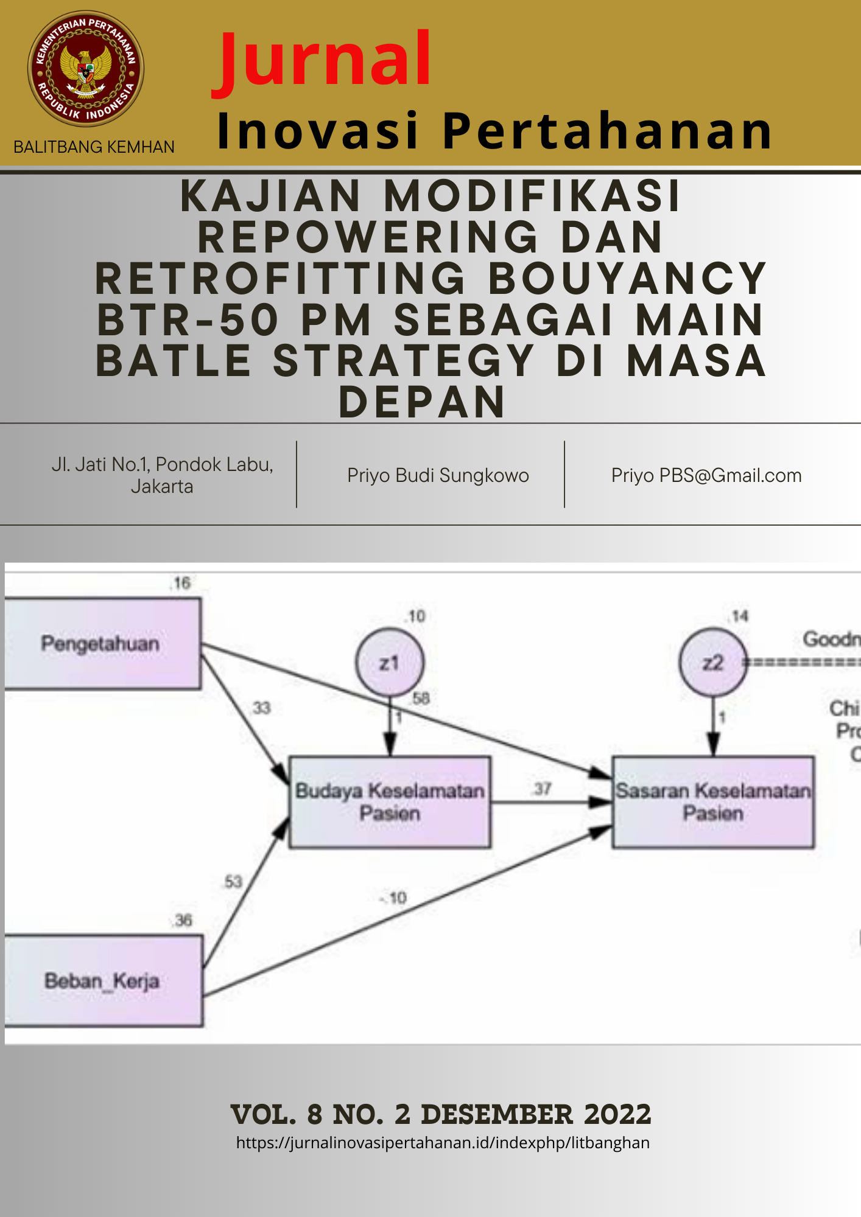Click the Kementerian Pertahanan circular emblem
(86, 69)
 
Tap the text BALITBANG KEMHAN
(94, 147)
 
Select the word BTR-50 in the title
(188, 320)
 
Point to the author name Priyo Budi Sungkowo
(438, 475)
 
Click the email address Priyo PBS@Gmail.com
(706, 475)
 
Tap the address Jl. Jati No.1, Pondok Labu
(162, 465)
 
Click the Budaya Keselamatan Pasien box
(390, 802)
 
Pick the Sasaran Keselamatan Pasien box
(713, 802)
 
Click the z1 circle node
(390, 663)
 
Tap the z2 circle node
(712, 663)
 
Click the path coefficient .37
(542, 789)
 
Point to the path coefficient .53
(233, 882)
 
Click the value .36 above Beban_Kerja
(183, 920)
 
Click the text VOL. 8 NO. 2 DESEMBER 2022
(441, 1115)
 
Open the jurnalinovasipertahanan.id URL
(443, 1143)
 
